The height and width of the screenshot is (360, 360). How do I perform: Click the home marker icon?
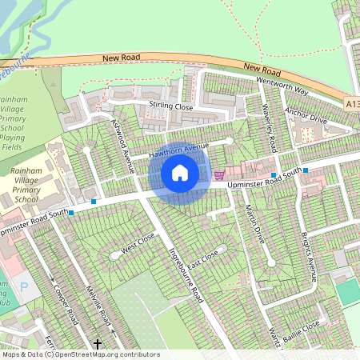(180, 173)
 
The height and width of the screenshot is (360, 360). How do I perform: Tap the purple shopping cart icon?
(219, 174)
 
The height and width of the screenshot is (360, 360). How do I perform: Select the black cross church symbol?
(98, 343)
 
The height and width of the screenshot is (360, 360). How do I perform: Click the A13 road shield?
(353, 103)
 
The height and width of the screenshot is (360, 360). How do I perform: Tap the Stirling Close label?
(170, 106)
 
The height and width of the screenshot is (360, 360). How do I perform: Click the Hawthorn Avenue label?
(177, 149)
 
